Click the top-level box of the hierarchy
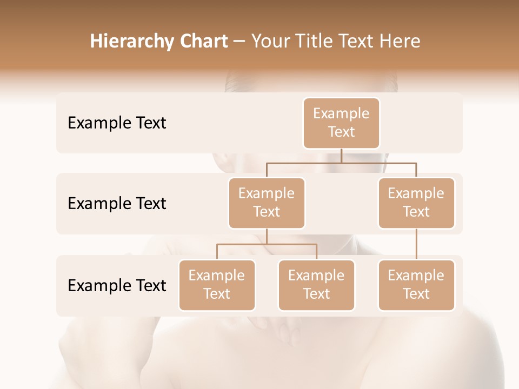341,123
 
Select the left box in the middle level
267,203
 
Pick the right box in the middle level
416,203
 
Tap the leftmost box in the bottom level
217,285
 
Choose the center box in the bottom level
316,285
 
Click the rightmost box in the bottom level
416,285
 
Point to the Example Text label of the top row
117,123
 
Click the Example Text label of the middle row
117,204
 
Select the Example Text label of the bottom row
117,285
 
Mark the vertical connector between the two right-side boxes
416,244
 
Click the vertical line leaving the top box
341,156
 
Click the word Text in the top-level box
341,132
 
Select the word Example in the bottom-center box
316,276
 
